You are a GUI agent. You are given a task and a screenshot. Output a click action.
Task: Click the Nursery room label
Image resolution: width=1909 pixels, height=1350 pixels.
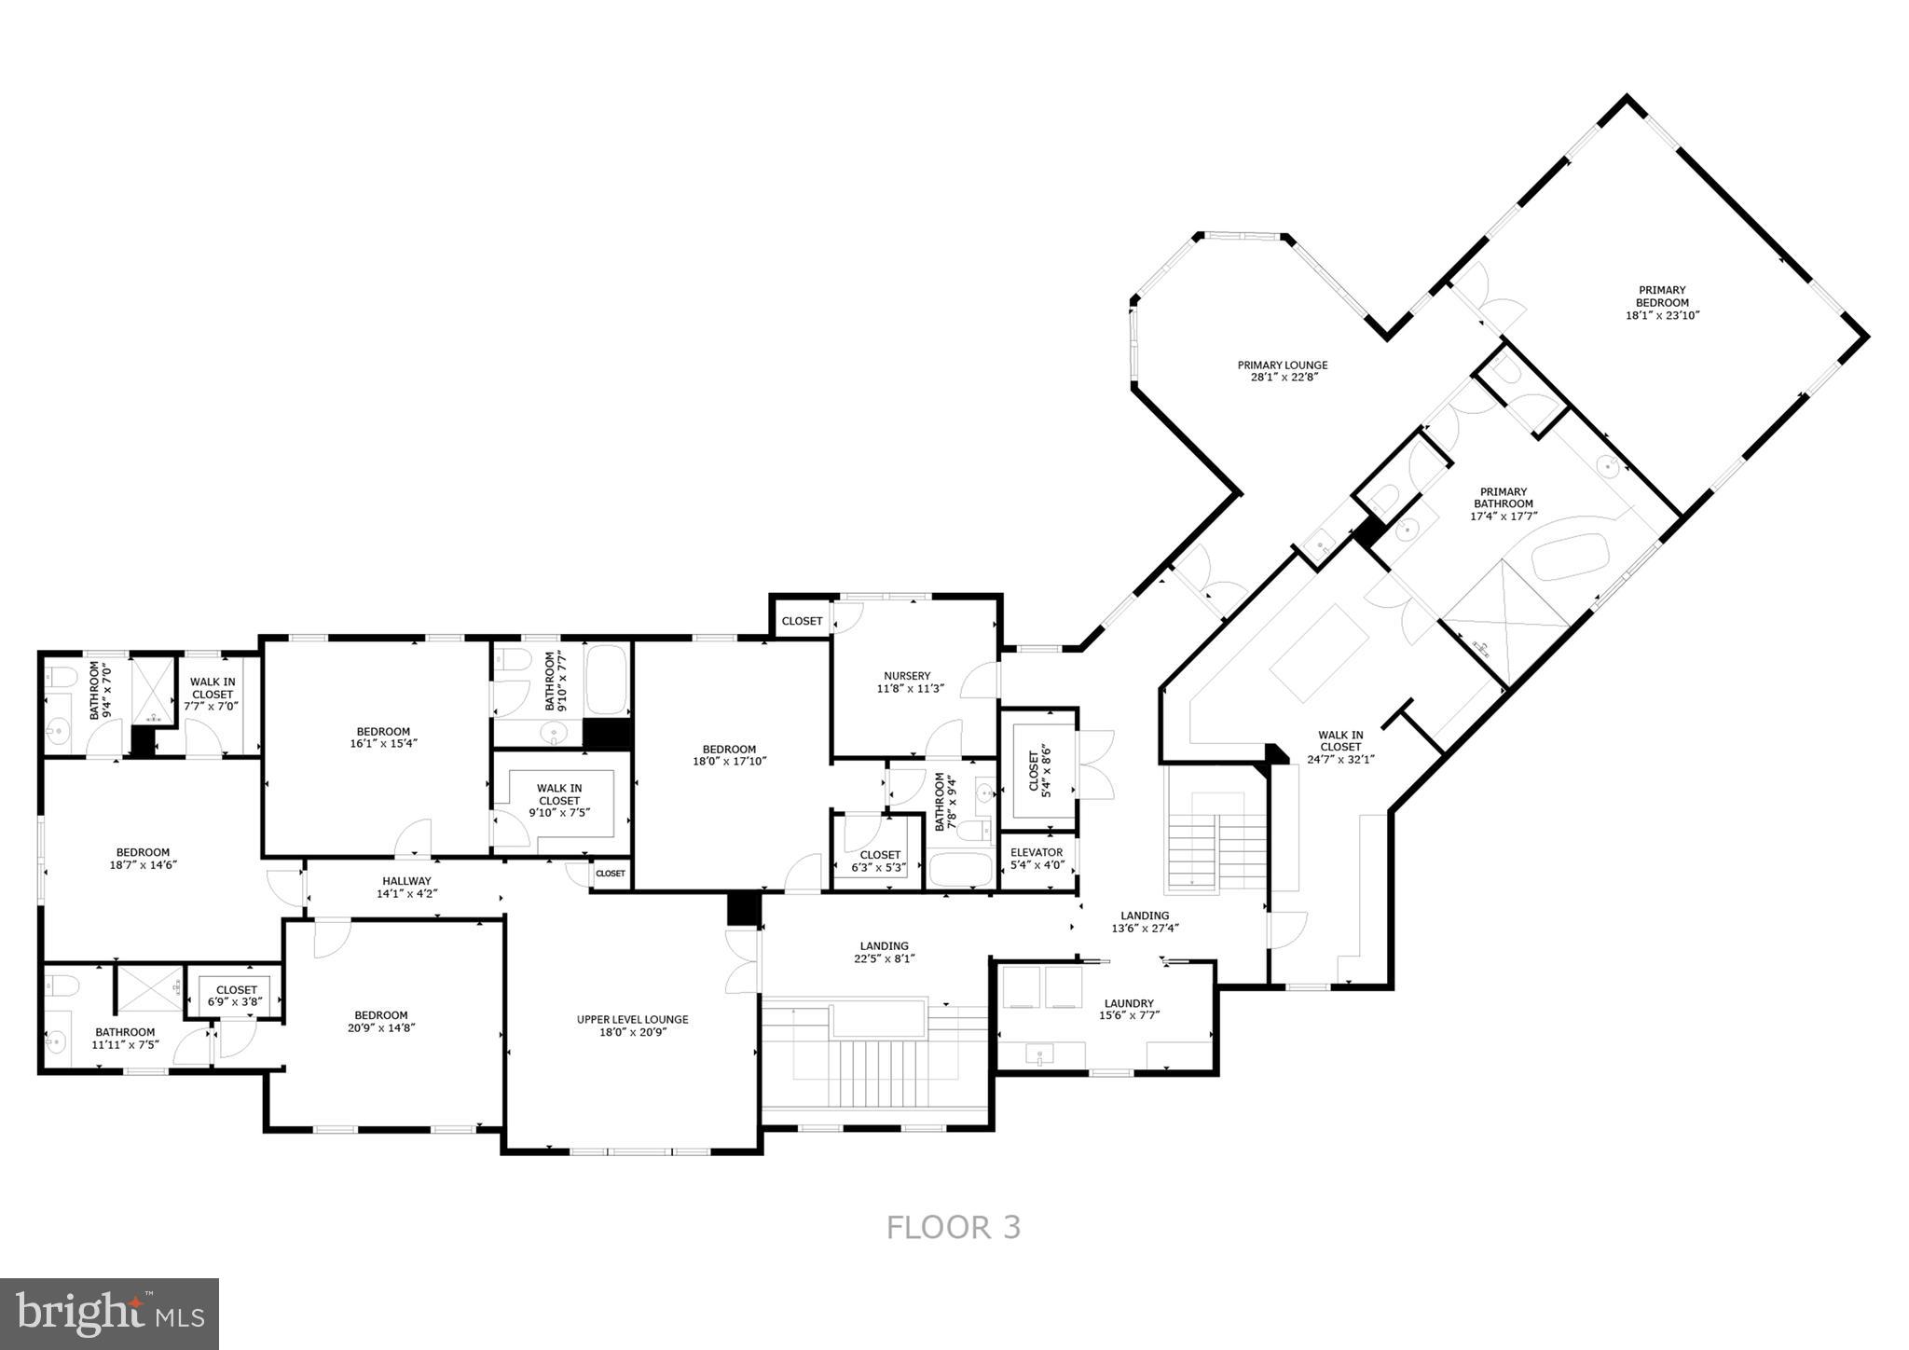coord(907,676)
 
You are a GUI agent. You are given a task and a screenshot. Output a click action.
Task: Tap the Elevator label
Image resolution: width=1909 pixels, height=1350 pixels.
coord(1037,852)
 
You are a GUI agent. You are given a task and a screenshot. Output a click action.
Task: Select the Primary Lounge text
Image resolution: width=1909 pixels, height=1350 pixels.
coord(1282,365)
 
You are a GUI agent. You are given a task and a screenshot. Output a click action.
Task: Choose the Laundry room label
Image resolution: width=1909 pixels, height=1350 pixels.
coord(1129,1003)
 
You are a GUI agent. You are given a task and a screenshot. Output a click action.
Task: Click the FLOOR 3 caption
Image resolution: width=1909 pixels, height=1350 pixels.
coord(953,1227)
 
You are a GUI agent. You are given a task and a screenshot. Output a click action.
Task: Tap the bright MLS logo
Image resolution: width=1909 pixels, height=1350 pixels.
coord(109,1314)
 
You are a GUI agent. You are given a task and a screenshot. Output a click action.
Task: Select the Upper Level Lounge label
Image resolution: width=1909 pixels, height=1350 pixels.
coord(632,1019)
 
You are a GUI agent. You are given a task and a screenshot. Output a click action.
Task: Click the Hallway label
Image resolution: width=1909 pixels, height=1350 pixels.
coord(406,881)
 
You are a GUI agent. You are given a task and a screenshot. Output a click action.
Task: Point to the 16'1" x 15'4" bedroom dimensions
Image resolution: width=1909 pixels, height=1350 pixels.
coord(383,744)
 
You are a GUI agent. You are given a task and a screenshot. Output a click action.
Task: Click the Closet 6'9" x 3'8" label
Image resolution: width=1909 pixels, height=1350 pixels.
coord(236,990)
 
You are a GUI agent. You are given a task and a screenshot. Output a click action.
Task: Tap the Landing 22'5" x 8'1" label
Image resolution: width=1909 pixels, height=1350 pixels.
coord(884,946)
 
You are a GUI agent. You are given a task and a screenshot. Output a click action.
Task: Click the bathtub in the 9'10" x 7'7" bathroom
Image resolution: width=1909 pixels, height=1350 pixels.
coord(607,680)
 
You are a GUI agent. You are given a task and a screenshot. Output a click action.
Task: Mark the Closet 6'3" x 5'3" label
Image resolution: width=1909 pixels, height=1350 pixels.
coord(880,855)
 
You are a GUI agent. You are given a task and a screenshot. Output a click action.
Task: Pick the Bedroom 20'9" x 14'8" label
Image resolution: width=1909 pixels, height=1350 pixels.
coord(381,1015)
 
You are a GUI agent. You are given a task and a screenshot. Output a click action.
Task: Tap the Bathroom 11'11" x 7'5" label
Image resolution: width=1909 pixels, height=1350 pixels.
coord(125,1032)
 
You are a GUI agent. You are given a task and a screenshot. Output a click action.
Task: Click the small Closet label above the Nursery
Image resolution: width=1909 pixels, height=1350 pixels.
coord(802,621)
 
